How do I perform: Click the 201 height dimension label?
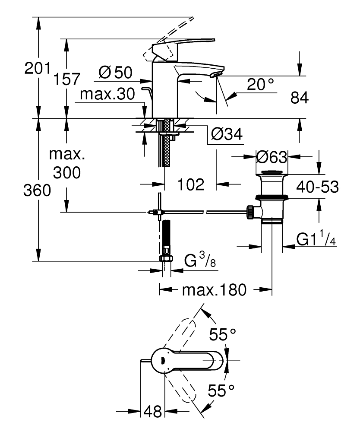pos(37,68)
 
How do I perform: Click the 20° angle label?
pos(261,85)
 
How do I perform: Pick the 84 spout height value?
pos(299,98)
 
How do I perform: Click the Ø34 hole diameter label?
pos(227,135)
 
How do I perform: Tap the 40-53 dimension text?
pos(317,187)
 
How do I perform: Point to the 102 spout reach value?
pos(190,185)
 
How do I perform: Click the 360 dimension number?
pos(37,190)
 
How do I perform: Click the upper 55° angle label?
pos(223,334)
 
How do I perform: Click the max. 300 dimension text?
pos(66,164)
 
